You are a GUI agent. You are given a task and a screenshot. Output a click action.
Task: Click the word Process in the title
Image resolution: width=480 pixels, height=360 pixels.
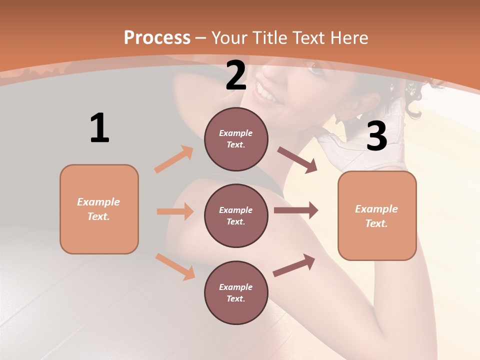pyautogui.click(x=157, y=38)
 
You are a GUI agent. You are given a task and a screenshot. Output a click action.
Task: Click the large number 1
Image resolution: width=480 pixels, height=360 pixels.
pyautogui.click(x=99, y=128)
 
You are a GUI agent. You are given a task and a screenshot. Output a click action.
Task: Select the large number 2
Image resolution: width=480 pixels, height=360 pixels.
pyautogui.click(x=236, y=75)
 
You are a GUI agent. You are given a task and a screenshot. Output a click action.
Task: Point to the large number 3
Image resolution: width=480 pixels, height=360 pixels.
pyautogui.click(x=376, y=136)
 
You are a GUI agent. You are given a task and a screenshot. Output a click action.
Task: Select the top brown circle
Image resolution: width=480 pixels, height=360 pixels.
pyautogui.click(x=236, y=139)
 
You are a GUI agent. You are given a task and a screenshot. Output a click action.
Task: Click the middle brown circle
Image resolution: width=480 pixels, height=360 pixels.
pyautogui.click(x=236, y=215)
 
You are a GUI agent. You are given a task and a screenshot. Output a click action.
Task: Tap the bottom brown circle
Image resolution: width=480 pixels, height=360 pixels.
pyautogui.click(x=236, y=292)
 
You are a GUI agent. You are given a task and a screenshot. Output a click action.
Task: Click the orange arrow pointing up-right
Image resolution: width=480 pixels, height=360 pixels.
pyautogui.click(x=174, y=159)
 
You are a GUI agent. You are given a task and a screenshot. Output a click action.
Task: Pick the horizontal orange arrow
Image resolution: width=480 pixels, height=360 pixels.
pyautogui.click(x=175, y=211)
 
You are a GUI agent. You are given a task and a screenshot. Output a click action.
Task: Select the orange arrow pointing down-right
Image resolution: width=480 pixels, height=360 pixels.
pyautogui.click(x=175, y=266)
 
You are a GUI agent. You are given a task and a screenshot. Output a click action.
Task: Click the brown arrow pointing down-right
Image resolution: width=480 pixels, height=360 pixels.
pyautogui.click(x=297, y=160)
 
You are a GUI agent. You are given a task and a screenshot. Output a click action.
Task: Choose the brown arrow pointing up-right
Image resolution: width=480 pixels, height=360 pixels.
pyautogui.click(x=294, y=265)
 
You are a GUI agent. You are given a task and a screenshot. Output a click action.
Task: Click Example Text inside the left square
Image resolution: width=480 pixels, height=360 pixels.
pyautogui.click(x=98, y=209)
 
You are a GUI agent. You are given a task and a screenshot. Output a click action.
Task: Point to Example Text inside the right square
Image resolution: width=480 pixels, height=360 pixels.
pyautogui.click(x=376, y=216)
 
